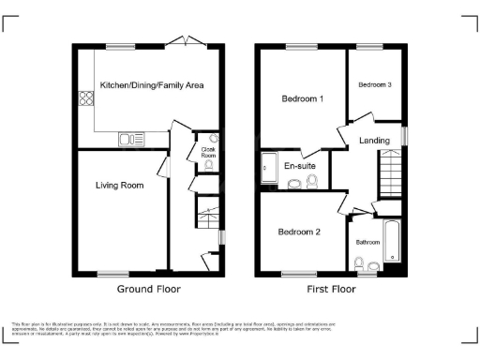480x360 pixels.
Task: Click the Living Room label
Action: (119, 186)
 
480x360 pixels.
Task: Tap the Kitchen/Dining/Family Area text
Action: (152, 85)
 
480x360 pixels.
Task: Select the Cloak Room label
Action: (208, 152)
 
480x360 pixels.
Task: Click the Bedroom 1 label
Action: (302, 98)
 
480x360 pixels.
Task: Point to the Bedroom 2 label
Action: (299, 231)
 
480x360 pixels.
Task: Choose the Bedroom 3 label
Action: (374, 85)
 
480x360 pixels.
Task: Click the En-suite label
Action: (300, 166)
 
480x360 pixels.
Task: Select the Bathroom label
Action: (367, 240)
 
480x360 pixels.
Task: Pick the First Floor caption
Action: (332, 290)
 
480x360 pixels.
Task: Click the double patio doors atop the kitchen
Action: (183, 41)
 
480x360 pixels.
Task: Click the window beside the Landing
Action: (404, 136)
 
